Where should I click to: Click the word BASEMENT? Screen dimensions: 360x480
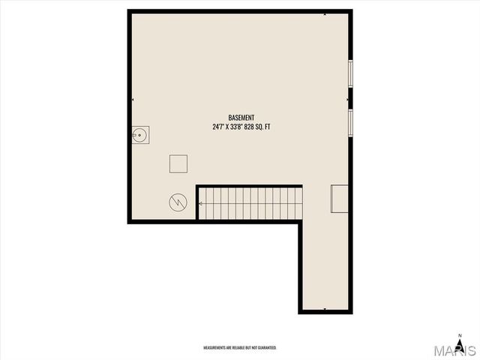point(241,118)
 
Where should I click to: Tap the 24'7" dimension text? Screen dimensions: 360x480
point(218,127)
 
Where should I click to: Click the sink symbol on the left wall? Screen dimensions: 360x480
point(139,135)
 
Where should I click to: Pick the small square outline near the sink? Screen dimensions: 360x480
point(178,164)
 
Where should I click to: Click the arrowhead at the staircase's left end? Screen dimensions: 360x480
point(201,202)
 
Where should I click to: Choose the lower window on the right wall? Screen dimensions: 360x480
point(350,121)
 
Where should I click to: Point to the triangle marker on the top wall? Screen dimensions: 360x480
point(325,13)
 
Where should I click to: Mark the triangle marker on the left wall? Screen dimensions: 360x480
point(133,99)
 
